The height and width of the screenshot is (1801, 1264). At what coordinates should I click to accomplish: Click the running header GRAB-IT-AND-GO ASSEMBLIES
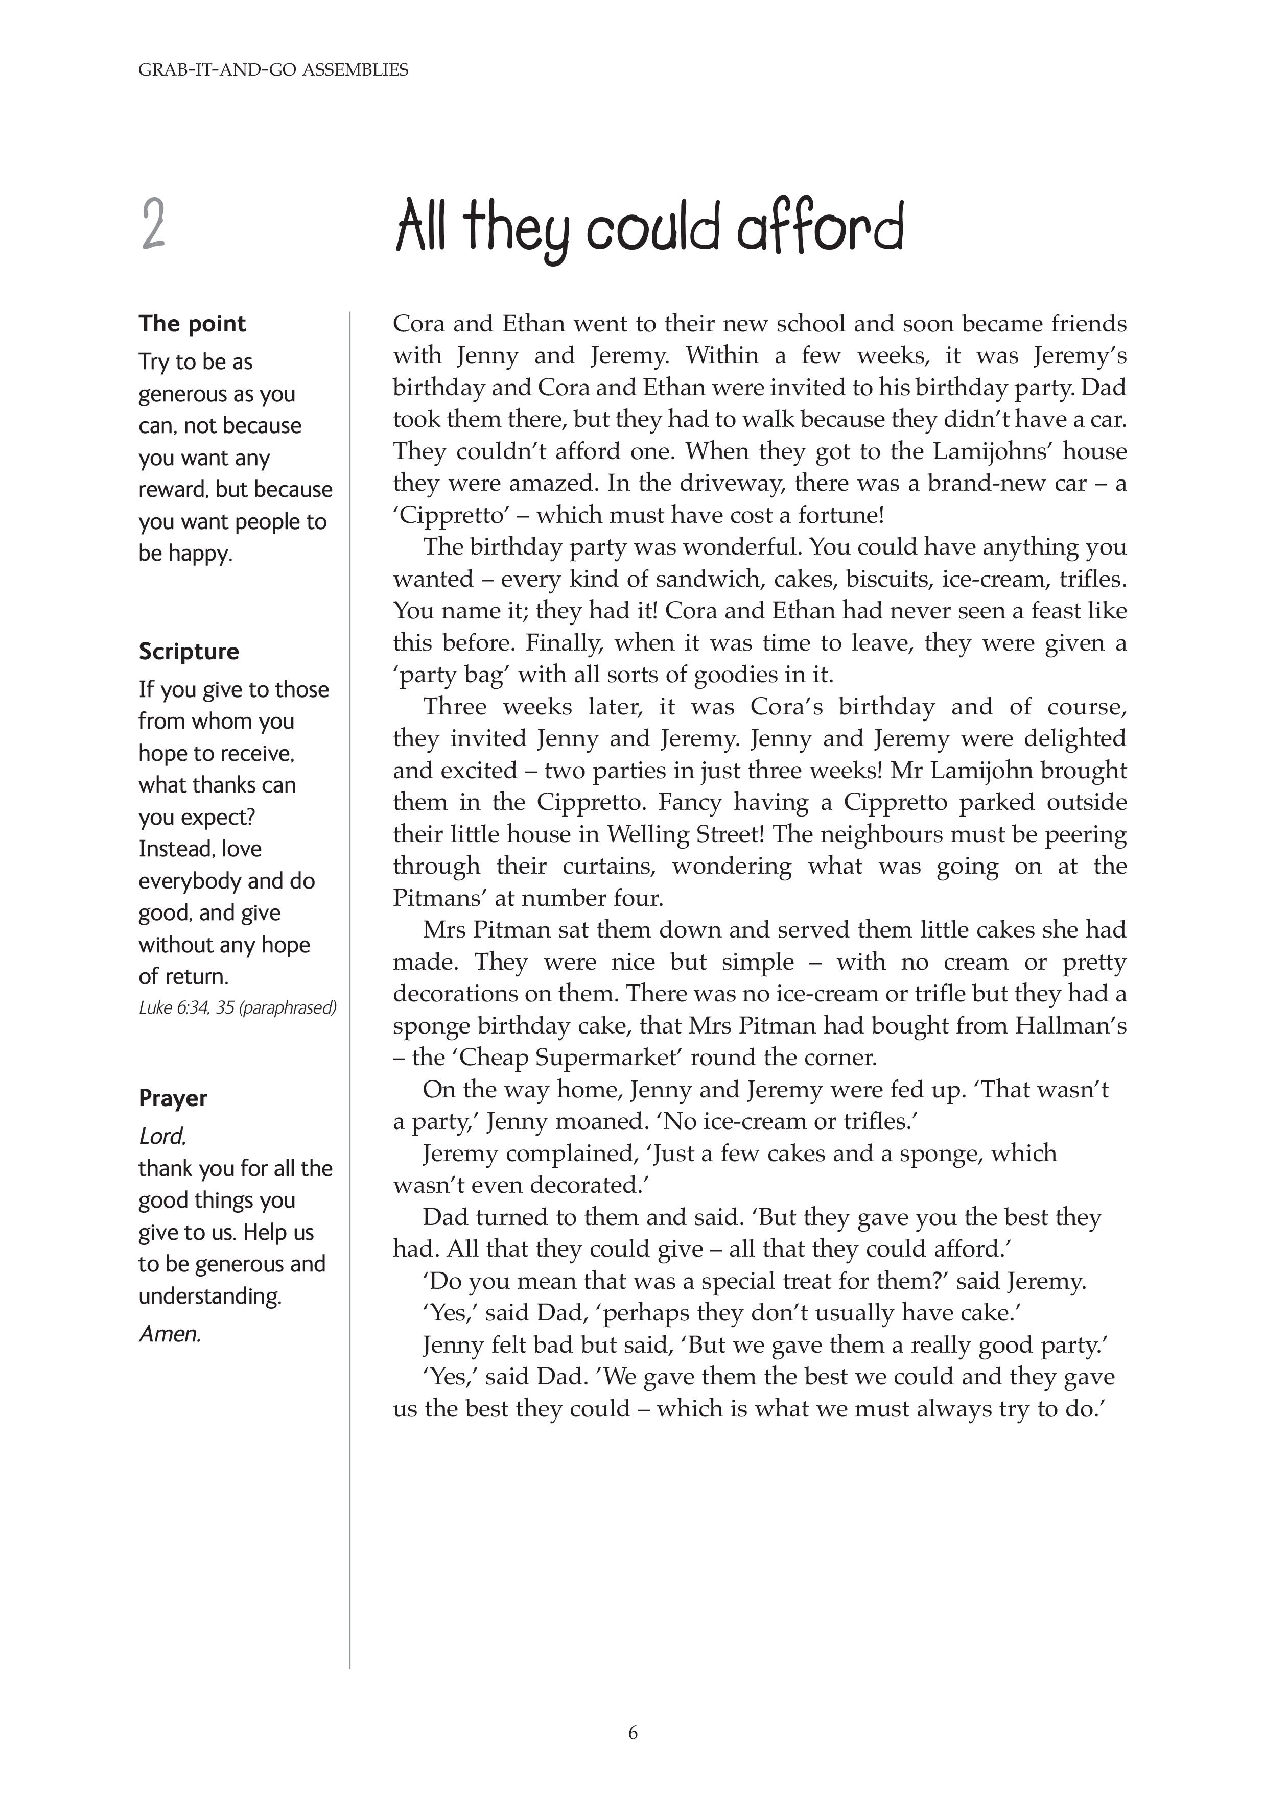point(273,70)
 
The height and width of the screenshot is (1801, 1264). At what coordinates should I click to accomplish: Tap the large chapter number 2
point(154,225)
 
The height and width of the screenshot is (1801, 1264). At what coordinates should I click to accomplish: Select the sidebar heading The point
point(192,323)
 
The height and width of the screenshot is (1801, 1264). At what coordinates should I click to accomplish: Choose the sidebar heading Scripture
point(189,651)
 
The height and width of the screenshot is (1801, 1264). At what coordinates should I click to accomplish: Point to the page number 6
point(633,1733)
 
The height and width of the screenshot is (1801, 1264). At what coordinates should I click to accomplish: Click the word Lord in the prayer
point(161,1137)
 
